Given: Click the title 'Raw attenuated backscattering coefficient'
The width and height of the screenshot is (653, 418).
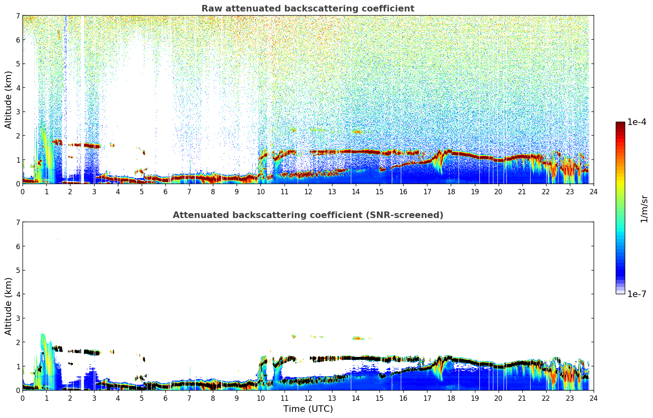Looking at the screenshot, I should pyautogui.click(x=307, y=9).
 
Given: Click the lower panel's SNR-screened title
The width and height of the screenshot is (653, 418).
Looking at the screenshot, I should pyautogui.click(x=307, y=215).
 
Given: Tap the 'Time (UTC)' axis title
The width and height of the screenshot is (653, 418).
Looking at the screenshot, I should pyautogui.click(x=308, y=409).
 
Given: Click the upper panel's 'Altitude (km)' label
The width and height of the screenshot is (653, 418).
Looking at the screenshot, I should pyautogui.click(x=9, y=100).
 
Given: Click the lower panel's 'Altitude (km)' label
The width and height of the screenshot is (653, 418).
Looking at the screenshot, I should pyautogui.click(x=9, y=306).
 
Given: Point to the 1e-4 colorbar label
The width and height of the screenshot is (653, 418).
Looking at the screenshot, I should pyautogui.click(x=637, y=122).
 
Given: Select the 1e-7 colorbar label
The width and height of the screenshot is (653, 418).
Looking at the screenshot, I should pyautogui.click(x=637, y=294).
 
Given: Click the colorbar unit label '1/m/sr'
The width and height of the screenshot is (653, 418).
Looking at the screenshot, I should pyautogui.click(x=644, y=209).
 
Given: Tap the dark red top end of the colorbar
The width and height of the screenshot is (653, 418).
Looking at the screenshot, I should pyautogui.click(x=620, y=123).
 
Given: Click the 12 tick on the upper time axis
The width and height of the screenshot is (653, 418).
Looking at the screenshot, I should pyautogui.click(x=308, y=191).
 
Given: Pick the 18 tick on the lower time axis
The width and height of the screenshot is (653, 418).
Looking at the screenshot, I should pyautogui.click(x=451, y=398).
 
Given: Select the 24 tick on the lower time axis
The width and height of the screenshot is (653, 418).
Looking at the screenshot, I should pyautogui.click(x=593, y=398).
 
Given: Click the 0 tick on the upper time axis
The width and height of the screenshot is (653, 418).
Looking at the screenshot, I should pyautogui.click(x=23, y=191).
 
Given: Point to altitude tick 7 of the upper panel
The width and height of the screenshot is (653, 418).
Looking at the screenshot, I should pyautogui.click(x=18, y=16).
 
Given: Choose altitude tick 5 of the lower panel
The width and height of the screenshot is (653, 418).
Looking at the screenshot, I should pyautogui.click(x=18, y=270).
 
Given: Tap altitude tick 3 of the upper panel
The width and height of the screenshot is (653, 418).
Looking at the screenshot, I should pyautogui.click(x=18, y=112).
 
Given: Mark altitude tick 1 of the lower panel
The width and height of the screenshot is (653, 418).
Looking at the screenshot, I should pyautogui.click(x=18, y=366).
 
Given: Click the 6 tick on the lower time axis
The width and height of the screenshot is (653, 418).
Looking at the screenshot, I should pyautogui.click(x=165, y=398).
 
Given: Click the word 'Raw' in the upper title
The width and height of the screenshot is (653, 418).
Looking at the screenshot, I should pyautogui.click(x=210, y=9).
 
